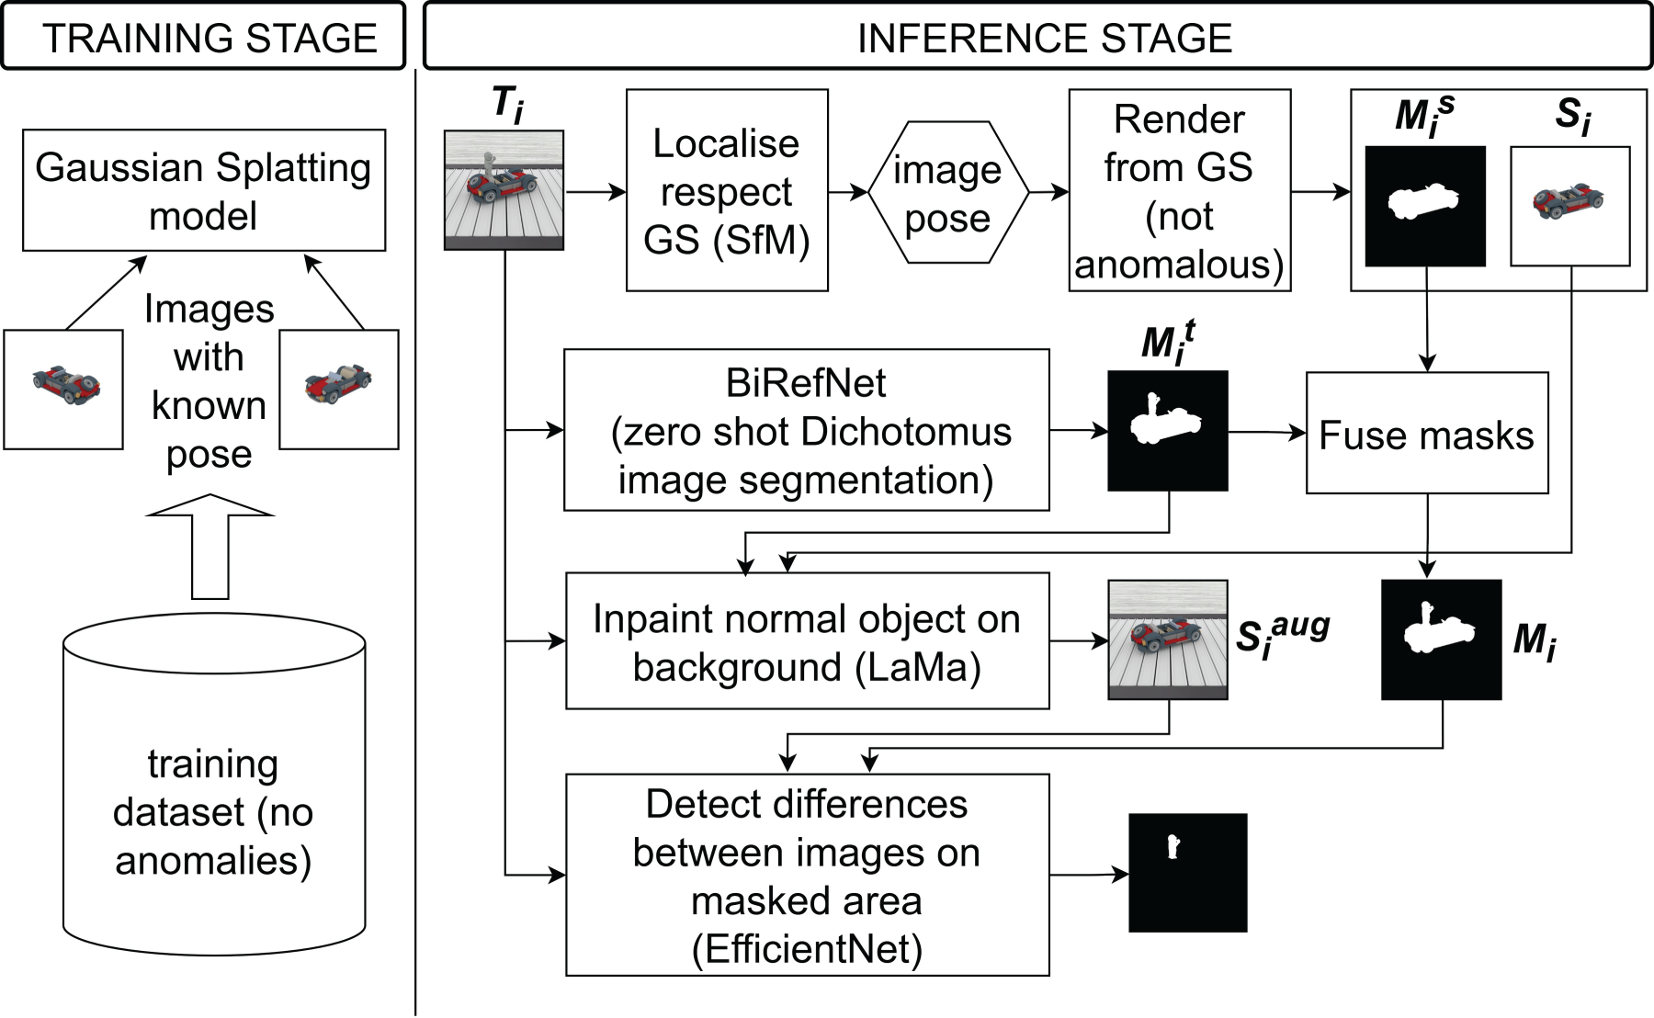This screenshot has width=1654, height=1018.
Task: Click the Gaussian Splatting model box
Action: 204,190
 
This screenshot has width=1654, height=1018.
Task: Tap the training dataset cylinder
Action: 214,784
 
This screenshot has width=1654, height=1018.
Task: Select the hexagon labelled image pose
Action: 947,192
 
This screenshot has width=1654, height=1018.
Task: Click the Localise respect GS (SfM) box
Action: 727,190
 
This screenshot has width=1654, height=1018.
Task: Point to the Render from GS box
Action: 1180,190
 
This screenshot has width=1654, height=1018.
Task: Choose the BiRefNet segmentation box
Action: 807,430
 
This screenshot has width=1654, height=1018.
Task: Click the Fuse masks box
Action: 1427,433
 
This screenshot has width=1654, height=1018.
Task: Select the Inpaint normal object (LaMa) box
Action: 808,641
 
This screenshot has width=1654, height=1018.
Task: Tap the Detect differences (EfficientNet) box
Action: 808,875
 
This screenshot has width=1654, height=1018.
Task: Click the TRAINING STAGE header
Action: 203,36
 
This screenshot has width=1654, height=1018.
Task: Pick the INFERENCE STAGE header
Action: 1037,36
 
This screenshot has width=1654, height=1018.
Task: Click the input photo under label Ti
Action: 504,190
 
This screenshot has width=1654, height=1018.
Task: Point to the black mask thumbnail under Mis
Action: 1425,206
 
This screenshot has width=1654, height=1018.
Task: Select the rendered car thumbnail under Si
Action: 1570,206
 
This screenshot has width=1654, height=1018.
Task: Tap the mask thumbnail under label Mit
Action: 1168,431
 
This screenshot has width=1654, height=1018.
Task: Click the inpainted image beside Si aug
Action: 1168,639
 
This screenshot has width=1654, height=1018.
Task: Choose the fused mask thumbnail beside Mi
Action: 1442,639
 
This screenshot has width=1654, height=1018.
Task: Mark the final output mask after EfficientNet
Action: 1188,873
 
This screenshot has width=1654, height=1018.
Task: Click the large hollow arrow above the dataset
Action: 210,547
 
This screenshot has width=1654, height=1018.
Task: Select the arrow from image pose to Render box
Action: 1048,192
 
